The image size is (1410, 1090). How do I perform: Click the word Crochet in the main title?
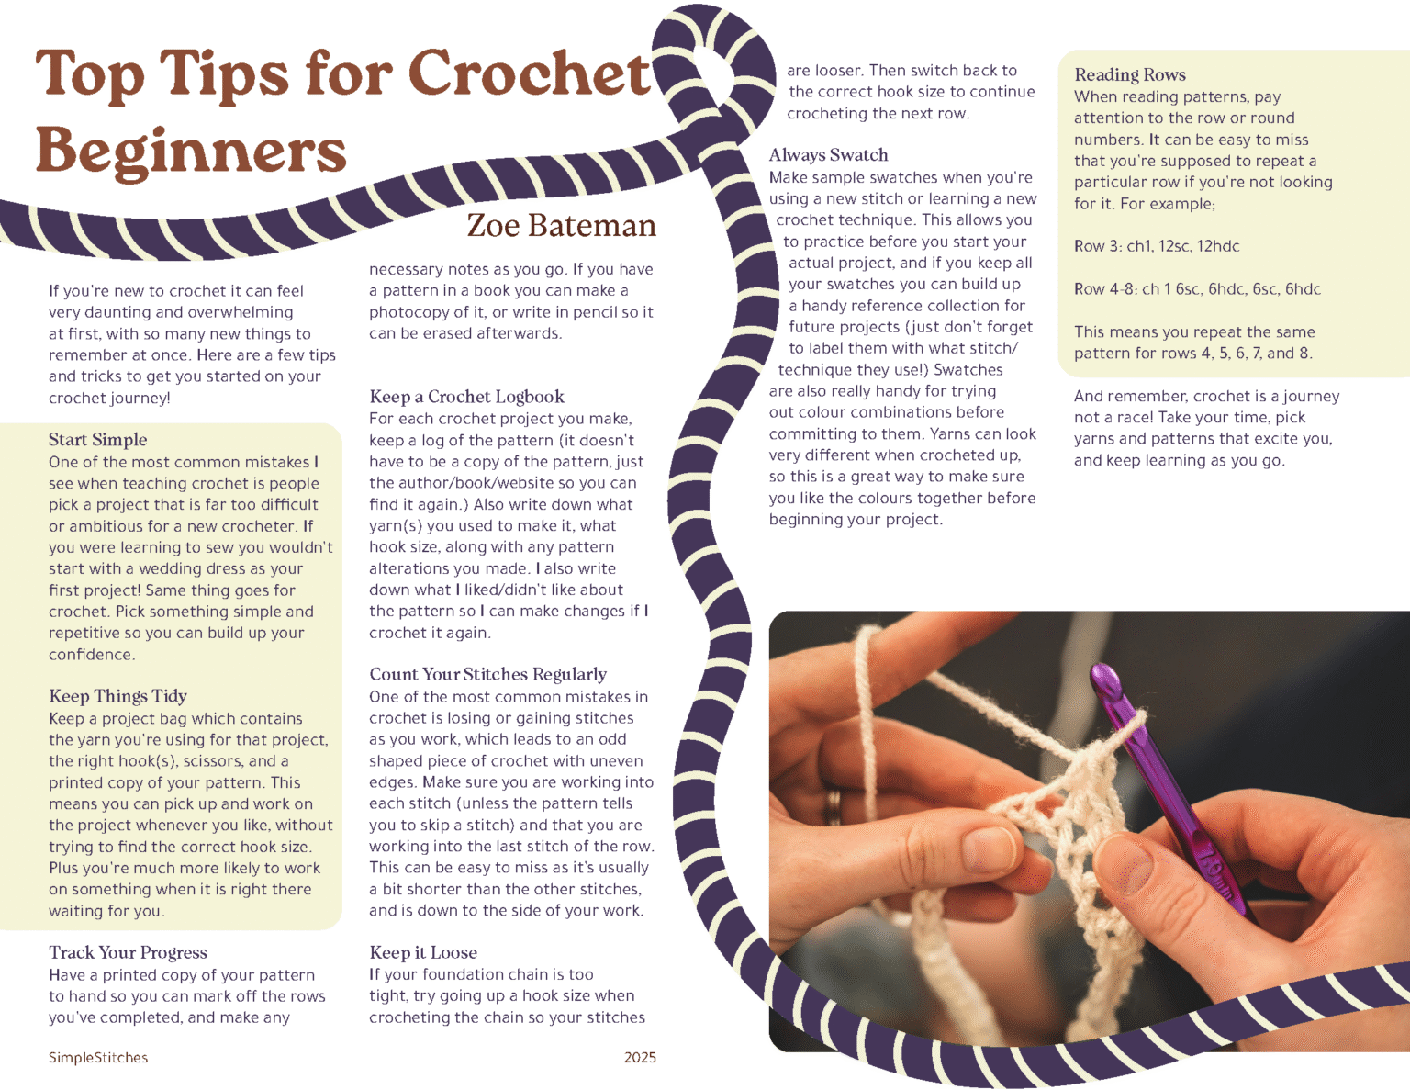click(x=529, y=73)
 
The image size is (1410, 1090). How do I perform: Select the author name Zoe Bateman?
click(x=561, y=226)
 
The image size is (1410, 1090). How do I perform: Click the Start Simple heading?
click(x=97, y=440)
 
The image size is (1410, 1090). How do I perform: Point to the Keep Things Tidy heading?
click(x=117, y=696)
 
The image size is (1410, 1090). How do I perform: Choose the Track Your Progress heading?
click(x=128, y=952)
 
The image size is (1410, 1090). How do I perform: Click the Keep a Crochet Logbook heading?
click(x=466, y=397)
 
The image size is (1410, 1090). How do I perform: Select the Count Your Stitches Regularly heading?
click(x=487, y=674)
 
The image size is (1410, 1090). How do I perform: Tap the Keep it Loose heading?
click(x=422, y=952)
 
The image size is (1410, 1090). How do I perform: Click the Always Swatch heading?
click(x=828, y=155)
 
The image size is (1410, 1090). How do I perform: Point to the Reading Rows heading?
click(x=1129, y=75)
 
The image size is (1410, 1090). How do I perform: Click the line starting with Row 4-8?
click(x=1196, y=289)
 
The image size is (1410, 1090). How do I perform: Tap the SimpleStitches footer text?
click(x=98, y=1058)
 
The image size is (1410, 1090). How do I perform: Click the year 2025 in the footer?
click(x=640, y=1058)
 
